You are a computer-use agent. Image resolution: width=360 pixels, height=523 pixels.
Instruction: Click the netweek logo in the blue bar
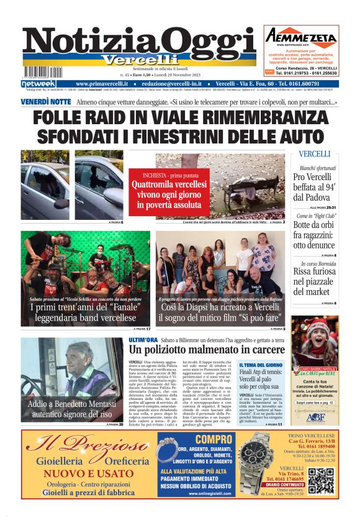pos(38,84)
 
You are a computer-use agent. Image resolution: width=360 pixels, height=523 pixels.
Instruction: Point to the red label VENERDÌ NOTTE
pos(46,101)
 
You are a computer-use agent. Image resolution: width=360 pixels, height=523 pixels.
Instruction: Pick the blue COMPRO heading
pos(196,440)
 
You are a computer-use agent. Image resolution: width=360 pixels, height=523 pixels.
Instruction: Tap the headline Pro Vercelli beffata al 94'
pos(316,187)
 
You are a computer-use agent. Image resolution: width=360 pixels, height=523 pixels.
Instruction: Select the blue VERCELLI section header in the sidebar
pos(314,153)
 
